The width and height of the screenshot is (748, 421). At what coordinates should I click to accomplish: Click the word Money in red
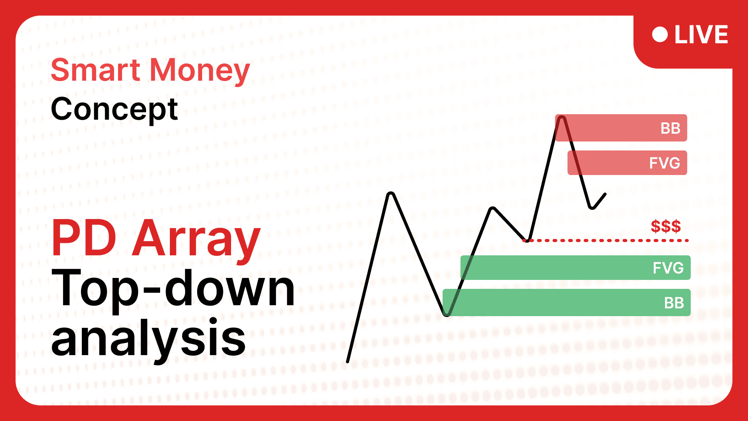tap(200, 71)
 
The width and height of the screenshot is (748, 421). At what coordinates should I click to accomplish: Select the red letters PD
tap(84, 237)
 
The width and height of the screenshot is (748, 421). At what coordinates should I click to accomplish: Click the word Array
tap(196, 241)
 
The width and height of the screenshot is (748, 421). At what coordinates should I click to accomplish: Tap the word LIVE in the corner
tap(701, 35)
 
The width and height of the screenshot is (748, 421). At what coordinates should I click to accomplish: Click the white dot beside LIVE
tap(660, 34)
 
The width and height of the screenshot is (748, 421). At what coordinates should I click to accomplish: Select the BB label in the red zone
tap(670, 128)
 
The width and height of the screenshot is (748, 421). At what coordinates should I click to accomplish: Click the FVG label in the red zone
tap(665, 163)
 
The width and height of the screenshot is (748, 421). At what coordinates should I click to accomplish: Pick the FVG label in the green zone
tap(668, 268)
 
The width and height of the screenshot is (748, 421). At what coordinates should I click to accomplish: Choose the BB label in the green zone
tap(674, 303)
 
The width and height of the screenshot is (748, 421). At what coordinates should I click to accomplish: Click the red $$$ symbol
tap(666, 226)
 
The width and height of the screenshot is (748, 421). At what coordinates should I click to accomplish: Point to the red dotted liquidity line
tap(606, 241)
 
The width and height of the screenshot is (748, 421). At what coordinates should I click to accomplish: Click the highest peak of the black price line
tap(561, 118)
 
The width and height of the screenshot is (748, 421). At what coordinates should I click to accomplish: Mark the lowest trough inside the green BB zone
tap(447, 314)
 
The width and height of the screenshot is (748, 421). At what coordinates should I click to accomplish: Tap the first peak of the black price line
tap(391, 194)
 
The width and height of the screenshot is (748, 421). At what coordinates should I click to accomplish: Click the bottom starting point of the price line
tap(348, 362)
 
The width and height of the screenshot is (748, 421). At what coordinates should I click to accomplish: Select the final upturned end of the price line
tap(605, 194)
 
